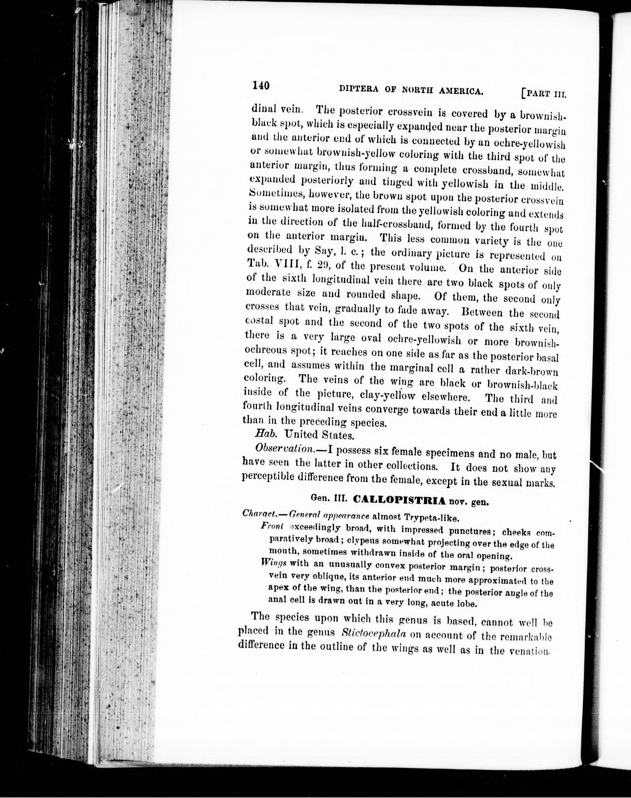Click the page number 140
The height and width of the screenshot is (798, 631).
click(261, 85)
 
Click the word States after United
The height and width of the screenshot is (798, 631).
click(338, 435)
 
